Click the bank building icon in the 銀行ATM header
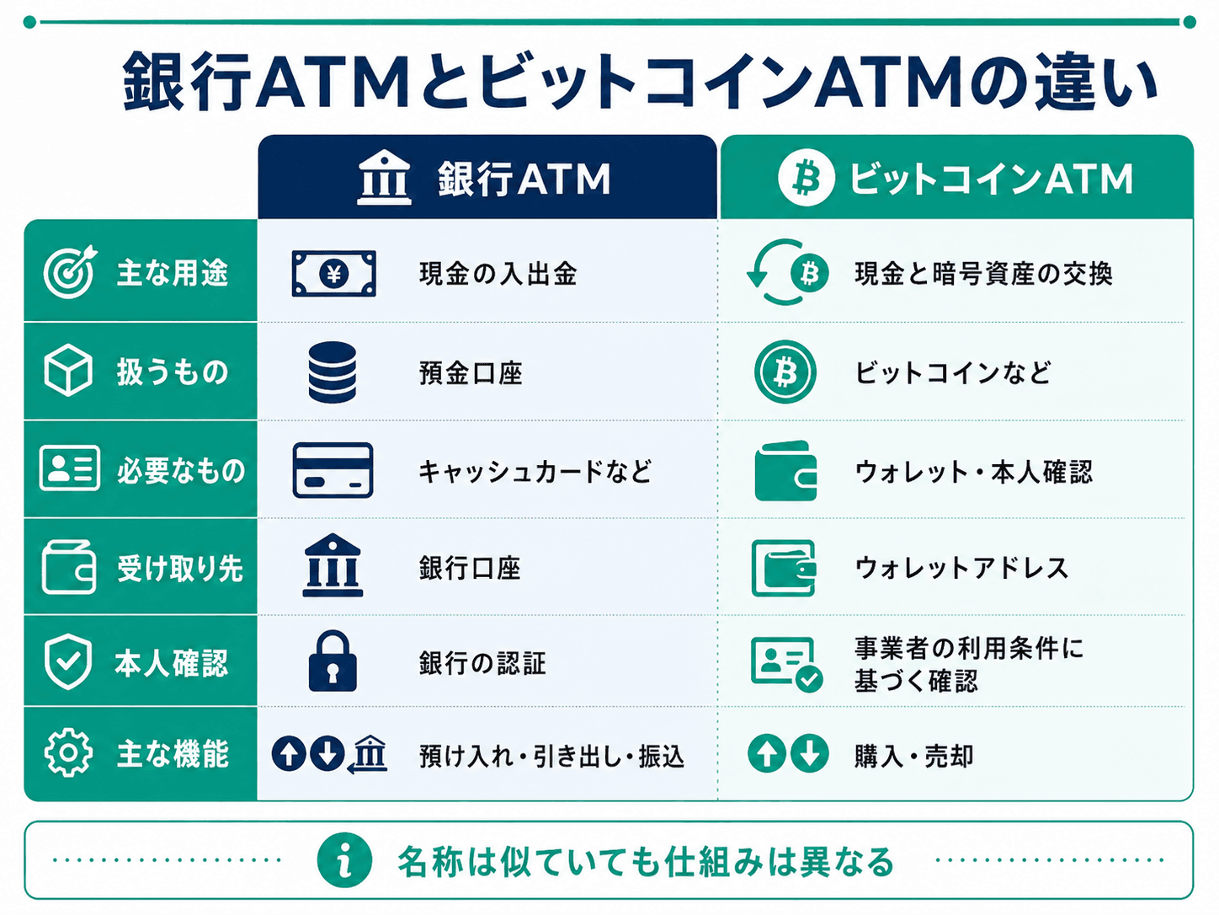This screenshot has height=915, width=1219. (x=384, y=178)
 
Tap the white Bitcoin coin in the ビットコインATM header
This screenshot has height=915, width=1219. (x=806, y=179)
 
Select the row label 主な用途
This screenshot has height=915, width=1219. (x=173, y=273)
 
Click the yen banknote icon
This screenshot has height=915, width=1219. (x=333, y=273)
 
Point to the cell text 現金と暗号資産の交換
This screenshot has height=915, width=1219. (x=983, y=273)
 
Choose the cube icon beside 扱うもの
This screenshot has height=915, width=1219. (x=67, y=370)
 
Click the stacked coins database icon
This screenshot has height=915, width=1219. (x=332, y=372)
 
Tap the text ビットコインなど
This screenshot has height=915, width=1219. (x=952, y=372)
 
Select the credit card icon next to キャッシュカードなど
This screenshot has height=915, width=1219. (x=333, y=470)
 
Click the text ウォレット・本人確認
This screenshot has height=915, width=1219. (x=973, y=472)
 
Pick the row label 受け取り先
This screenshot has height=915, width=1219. (x=180, y=569)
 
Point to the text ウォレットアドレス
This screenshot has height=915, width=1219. (x=962, y=568)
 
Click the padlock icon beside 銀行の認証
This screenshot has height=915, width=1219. (x=332, y=661)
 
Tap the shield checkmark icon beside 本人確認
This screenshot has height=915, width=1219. (x=67, y=661)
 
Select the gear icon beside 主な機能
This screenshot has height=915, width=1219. (x=67, y=752)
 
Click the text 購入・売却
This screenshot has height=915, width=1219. (x=913, y=756)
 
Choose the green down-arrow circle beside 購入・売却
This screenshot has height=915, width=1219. (x=809, y=753)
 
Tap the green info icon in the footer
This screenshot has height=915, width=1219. (x=344, y=860)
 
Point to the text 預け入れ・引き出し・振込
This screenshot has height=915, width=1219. (x=552, y=756)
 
